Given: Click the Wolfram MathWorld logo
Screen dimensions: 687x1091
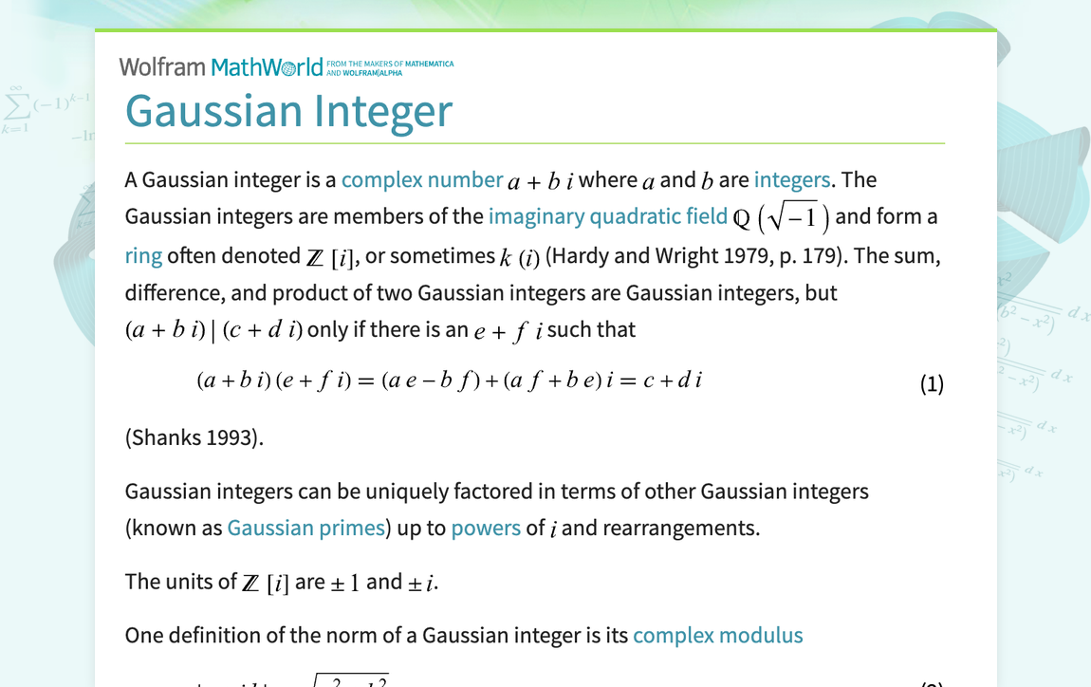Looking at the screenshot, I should tap(221, 67).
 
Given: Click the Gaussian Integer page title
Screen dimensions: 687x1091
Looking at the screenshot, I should tap(288, 110).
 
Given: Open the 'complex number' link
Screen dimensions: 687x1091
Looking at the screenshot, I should tap(422, 180).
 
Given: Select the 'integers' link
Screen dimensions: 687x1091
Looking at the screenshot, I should tap(792, 180).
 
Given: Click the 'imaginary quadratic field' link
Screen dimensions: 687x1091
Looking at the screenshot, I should tap(608, 216).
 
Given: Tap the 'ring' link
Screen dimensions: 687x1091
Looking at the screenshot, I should tap(143, 256).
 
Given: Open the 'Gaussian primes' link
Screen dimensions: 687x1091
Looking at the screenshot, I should tap(305, 528).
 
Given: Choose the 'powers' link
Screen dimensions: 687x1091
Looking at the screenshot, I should tap(486, 528).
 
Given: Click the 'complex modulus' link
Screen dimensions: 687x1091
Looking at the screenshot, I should tap(717, 636).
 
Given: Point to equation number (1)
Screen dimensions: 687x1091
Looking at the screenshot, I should tap(932, 383).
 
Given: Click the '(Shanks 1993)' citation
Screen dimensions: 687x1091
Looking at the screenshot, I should tap(194, 437).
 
